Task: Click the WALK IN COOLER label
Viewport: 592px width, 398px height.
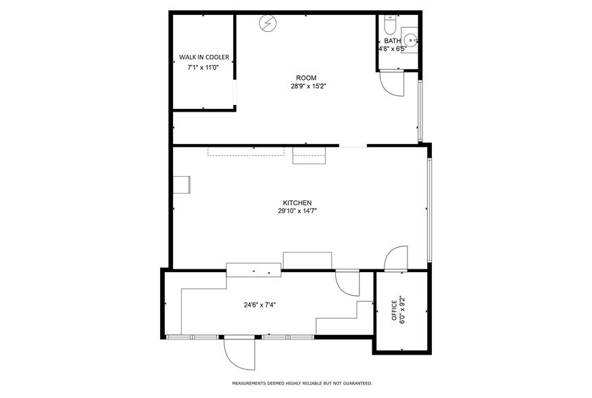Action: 203,57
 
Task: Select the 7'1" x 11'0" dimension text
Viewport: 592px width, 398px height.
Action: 203,68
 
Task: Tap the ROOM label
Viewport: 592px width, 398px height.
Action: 305,78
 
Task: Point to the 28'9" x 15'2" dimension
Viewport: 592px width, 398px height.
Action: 305,87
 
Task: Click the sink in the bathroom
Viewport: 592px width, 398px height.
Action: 410,39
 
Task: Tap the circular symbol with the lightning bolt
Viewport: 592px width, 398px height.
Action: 268,24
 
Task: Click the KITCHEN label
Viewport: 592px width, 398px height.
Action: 297,203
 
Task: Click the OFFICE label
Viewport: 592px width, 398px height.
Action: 394,311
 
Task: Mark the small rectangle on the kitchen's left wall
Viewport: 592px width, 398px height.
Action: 182,185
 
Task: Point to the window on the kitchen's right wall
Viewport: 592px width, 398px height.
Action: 429,211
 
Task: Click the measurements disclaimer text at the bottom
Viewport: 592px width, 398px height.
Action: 302,383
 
